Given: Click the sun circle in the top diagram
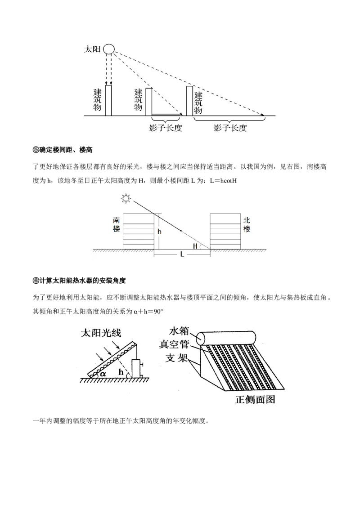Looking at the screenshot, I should pos(109,49).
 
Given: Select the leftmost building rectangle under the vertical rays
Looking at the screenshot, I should pos(108,100).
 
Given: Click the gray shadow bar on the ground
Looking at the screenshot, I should pos(166,115).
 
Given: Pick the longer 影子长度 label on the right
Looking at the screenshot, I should pos(230,128).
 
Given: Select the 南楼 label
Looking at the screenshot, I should pos(116,224).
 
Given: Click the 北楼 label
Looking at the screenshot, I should pos(246,224).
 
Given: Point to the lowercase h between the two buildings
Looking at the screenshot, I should pos(159,231).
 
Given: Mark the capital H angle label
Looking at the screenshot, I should pos(195,246).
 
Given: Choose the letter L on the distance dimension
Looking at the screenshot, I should pos(181,254).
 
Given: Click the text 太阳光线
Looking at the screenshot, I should pos(101,333).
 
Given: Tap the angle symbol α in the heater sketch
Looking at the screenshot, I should pos(103,373).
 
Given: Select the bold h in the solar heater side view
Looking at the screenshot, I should pos(120,372).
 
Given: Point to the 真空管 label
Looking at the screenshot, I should pos(175,344).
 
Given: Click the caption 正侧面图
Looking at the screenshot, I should pos(255,399).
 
